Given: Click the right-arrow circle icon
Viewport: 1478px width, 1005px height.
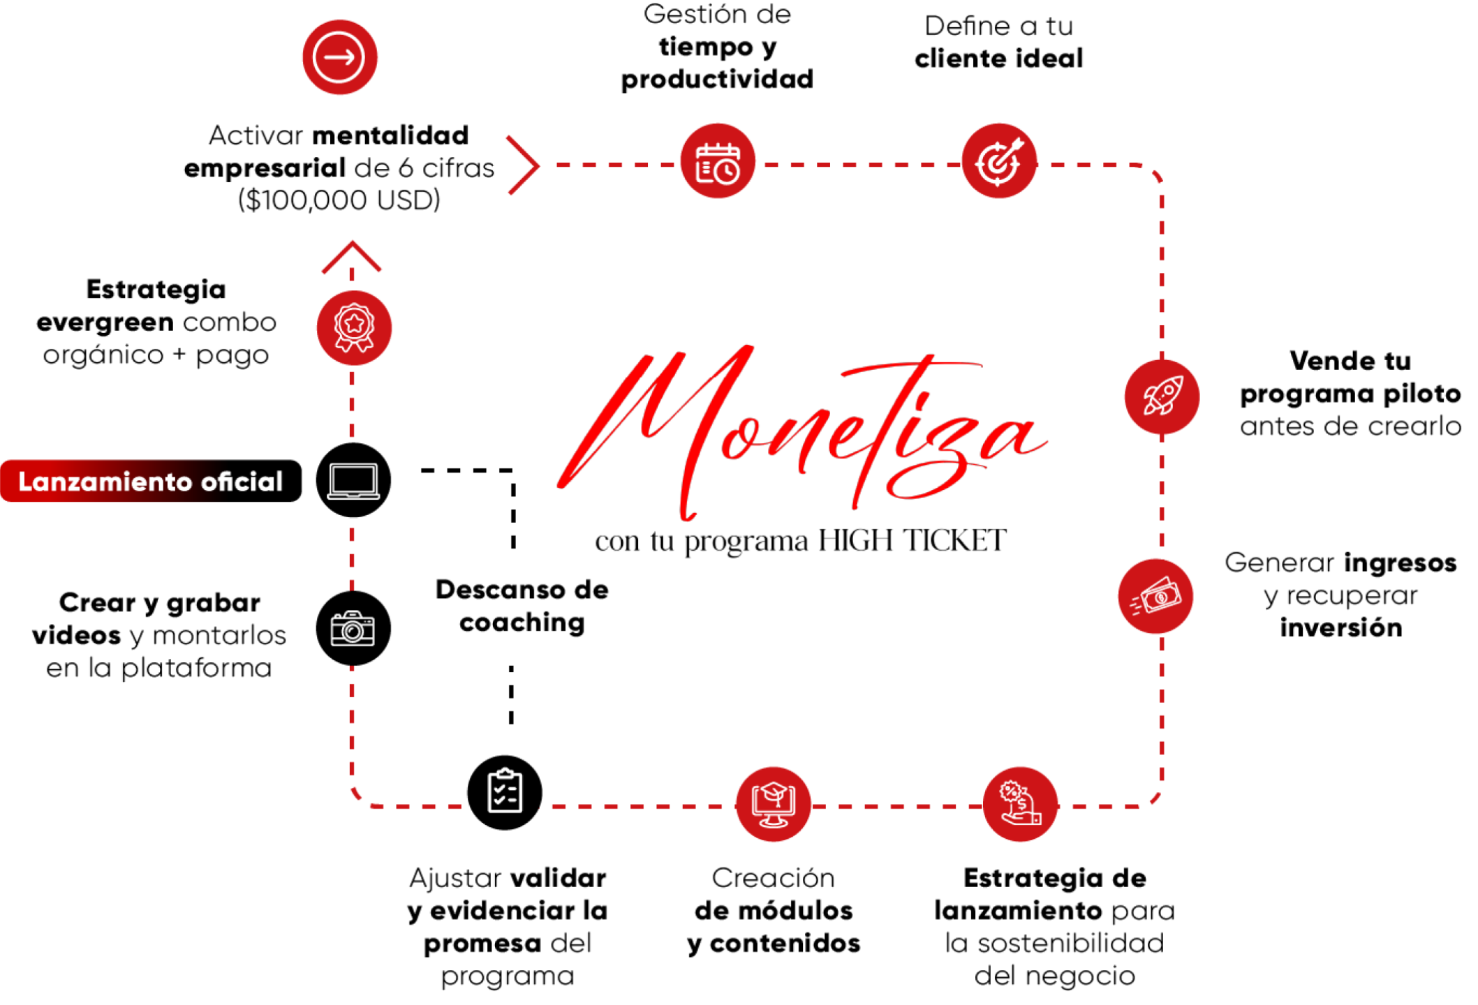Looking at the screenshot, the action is pyautogui.click(x=339, y=57).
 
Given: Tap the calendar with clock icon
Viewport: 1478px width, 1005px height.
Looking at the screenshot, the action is pyautogui.click(x=718, y=163).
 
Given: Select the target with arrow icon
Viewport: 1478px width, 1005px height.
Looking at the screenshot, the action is pyautogui.click(x=999, y=163).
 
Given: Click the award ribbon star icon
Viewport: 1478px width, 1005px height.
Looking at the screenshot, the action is pyautogui.click(x=354, y=327).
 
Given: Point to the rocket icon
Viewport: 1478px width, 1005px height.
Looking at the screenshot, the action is pyautogui.click(x=1161, y=396).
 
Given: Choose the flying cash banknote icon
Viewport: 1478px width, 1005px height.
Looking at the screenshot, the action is pyautogui.click(x=1155, y=597).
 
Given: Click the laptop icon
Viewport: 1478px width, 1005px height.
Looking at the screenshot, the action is pyautogui.click(x=354, y=482).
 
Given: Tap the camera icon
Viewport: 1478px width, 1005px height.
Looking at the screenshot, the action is pyautogui.click(x=353, y=629).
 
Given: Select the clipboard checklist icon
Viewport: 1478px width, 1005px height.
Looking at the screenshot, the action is pyautogui.click(x=505, y=791).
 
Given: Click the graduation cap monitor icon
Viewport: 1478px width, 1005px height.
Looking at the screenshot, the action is pyautogui.click(x=773, y=804).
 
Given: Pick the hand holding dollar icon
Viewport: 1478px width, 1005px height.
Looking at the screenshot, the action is pyautogui.click(x=1020, y=804).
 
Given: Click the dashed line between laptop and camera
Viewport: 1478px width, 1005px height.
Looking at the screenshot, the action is pyautogui.click(x=352, y=558).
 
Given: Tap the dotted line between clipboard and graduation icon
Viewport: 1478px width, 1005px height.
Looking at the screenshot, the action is pyautogui.click(x=635, y=814).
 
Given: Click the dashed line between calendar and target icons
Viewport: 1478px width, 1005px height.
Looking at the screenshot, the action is pyautogui.click(x=859, y=169).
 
